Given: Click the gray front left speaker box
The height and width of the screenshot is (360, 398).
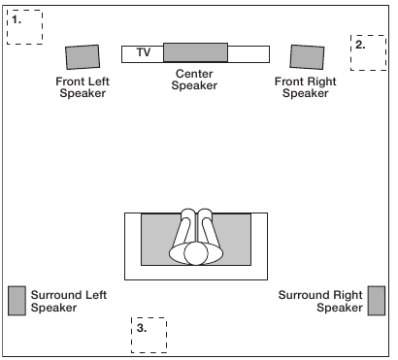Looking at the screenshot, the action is click(83, 57).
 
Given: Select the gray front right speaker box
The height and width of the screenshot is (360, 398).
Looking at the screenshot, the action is click(307, 57).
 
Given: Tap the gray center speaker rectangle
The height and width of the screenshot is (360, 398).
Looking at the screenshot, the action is click(195, 52).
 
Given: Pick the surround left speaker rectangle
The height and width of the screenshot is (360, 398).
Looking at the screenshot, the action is click(17, 301).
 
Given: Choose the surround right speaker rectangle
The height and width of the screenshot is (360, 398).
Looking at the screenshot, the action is click(377, 301).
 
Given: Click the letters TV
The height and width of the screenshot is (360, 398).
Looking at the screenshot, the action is click(144, 52).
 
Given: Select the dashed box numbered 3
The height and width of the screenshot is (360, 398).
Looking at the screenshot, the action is click(149, 352).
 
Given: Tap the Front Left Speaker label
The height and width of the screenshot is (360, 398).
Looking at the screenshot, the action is click(83, 87).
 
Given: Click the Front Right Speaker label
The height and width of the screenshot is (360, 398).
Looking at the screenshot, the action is click(306, 87).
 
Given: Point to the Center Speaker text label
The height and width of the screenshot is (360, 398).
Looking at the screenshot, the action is click(194, 80).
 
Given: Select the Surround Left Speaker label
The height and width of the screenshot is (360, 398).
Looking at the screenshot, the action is click(69, 301).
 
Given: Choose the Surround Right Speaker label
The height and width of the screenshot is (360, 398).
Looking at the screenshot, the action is click(320, 301).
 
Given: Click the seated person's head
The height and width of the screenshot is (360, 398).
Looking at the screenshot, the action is click(196, 253).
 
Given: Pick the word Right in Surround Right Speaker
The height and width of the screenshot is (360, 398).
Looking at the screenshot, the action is click(348, 295).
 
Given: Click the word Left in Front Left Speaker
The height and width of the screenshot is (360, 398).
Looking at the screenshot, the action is click(97, 82).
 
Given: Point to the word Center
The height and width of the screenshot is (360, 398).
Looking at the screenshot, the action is click(194, 74).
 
